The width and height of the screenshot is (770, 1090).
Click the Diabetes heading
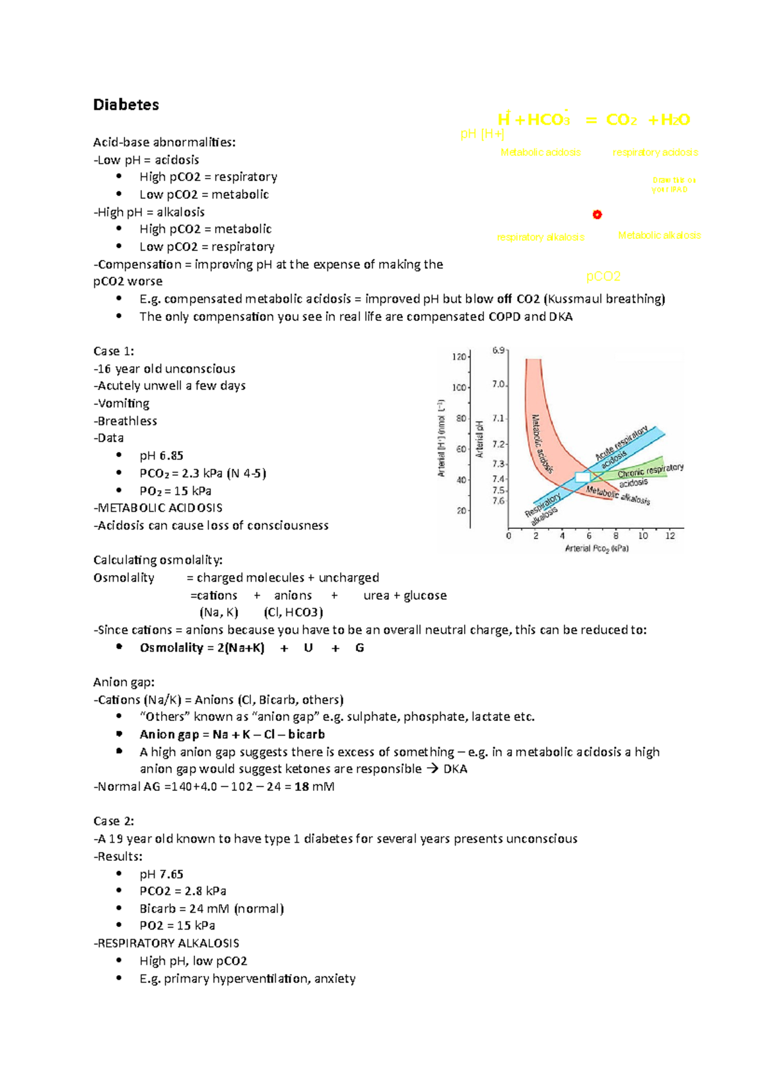(126, 105)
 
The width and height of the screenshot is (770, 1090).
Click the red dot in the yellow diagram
(597, 214)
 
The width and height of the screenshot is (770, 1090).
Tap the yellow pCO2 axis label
(603, 277)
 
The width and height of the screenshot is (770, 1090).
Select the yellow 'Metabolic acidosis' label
(540, 152)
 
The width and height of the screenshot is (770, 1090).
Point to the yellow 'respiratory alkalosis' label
(541, 238)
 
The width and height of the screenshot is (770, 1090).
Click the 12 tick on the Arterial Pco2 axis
(670, 535)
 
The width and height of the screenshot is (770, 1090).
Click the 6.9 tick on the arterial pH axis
(499, 350)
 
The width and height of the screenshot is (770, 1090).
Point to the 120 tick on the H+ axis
(459, 356)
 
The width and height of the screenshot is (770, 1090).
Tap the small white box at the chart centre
(582, 477)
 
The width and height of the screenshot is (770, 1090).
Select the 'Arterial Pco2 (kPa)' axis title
(597, 549)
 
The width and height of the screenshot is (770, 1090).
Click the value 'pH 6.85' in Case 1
(161, 456)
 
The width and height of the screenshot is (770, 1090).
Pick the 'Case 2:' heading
(114, 821)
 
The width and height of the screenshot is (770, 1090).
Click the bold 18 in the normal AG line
(301, 786)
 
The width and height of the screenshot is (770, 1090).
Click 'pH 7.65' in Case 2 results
(161, 874)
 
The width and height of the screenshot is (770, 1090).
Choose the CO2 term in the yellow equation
(621, 120)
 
